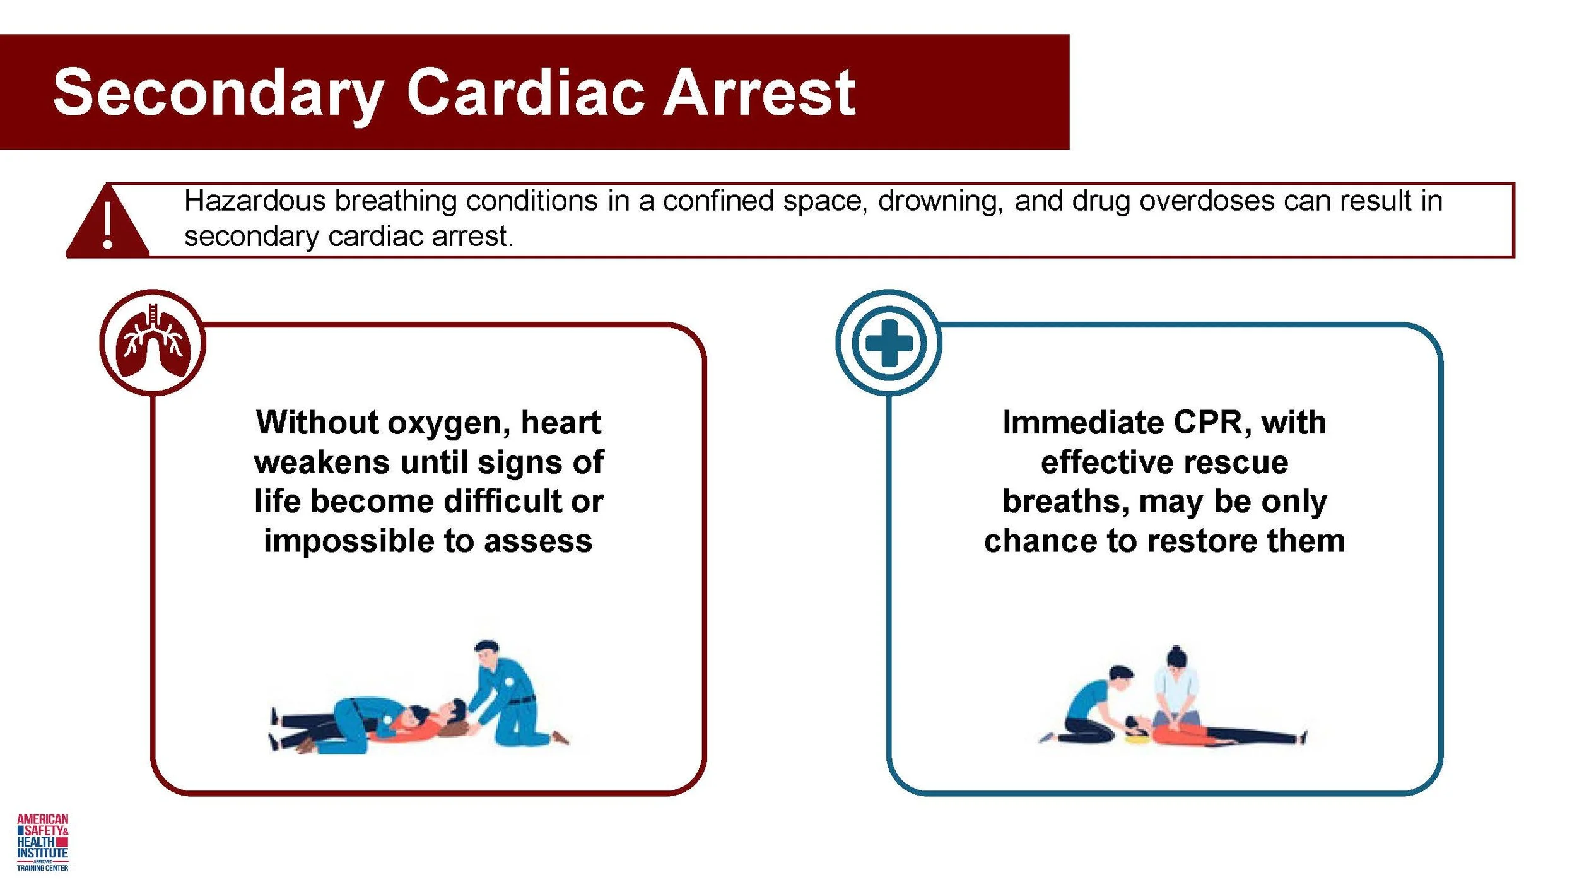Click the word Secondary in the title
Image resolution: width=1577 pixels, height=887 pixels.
click(218, 93)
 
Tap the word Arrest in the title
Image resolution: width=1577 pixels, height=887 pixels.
click(759, 93)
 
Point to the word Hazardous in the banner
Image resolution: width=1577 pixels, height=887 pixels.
click(255, 201)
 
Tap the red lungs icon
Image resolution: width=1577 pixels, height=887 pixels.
click(153, 343)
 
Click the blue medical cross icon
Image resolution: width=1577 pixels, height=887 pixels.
click(889, 343)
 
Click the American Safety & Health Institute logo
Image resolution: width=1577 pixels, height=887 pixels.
click(42, 842)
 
